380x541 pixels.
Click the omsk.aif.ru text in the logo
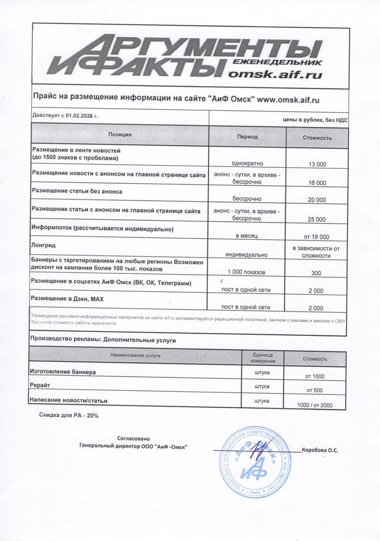(275, 74)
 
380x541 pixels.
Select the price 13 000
(317, 165)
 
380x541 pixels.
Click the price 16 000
(317, 183)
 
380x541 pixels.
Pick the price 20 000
(317, 200)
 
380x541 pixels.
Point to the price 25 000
(317, 220)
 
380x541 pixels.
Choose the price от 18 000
(316, 237)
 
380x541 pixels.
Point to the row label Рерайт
(41, 384)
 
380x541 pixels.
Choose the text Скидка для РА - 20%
(69, 416)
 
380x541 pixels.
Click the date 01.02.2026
(80, 116)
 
